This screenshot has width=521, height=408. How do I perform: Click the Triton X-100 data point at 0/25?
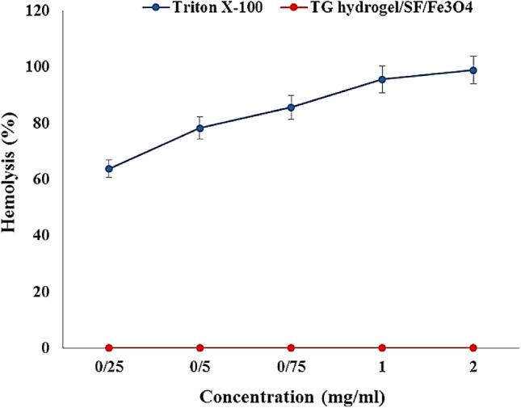pyautogui.click(x=109, y=169)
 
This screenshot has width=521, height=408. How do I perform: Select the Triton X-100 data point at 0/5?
pyautogui.click(x=200, y=128)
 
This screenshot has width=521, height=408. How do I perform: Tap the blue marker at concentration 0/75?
pyautogui.click(x=291, y=107)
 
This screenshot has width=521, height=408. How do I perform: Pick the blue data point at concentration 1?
pyautogui.click(x=382, y=79)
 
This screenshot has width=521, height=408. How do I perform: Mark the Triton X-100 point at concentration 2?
pyautogui.click(x=473, y=70)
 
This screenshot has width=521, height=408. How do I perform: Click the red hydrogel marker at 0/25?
pyautogui.click(x=109, y=347)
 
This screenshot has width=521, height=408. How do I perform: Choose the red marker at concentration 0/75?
pyautogui.click(x=291, y=347)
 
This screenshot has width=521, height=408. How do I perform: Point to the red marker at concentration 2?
pyautogui.click(x=473, y=347)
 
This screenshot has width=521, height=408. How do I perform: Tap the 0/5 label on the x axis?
pyautogui.click(x=200, y=366)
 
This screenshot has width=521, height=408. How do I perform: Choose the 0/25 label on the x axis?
pyautogui.click(x=109, y=366)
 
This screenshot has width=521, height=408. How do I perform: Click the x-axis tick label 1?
pyautogui.click(x=382, y=366)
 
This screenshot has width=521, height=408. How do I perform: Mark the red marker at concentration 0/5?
pyautogui.click(x=200, y=347)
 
